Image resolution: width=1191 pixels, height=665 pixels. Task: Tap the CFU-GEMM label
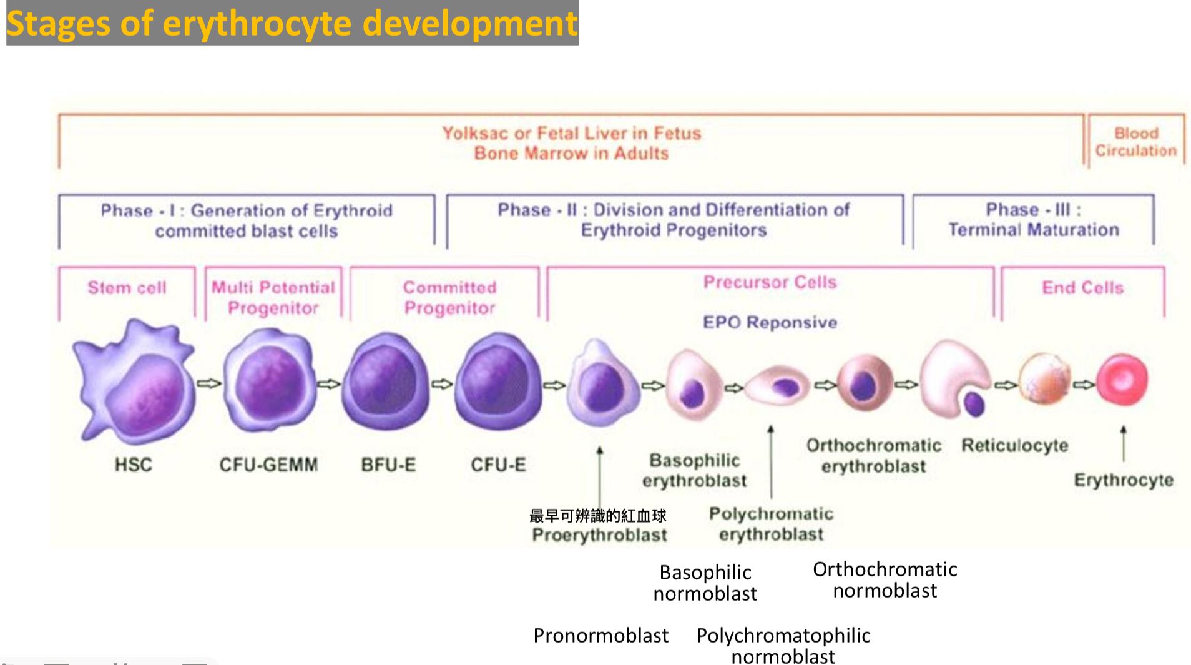(x=268, y=465)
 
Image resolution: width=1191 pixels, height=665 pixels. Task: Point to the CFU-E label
(x=498, y=465)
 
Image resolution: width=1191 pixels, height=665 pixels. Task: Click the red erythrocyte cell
(x=1122, y=380)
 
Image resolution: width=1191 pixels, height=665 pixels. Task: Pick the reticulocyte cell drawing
(x=1044, y=378)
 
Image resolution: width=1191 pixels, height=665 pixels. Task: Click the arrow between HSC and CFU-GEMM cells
(x=209, y=383)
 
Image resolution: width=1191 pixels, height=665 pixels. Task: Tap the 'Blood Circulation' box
(x=1135, y=142)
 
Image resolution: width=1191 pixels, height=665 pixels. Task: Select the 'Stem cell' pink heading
(x=127, y=288)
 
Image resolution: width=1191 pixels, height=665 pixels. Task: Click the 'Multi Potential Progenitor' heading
(x=273, y=297)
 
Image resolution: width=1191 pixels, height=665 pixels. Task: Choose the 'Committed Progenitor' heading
(x=449, y=297)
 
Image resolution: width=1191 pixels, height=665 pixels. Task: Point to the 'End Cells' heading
(x=1082, y=288)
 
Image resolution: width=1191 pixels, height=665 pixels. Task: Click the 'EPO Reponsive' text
(x=770, y=322)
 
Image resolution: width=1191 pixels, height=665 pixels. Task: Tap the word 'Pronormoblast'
(x=600, y=635)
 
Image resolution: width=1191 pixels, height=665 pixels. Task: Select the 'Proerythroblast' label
(x=599, y=535)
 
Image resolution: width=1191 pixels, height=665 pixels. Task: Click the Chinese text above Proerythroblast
(x=597, y=516)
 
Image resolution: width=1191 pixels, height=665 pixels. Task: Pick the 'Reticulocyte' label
(x=1014, y=445)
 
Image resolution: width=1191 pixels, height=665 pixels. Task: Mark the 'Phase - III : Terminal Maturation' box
(x=1033, y=220)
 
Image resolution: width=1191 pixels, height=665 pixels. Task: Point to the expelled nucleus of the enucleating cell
(x=974, y=404)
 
